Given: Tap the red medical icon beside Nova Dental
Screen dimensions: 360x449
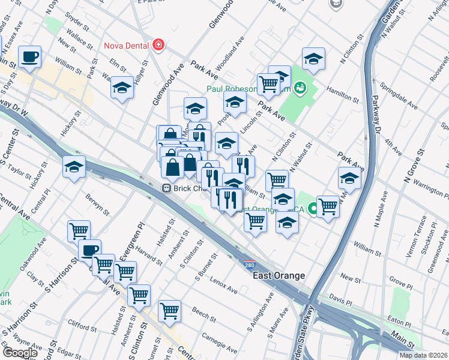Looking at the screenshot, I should [x=158, y=44].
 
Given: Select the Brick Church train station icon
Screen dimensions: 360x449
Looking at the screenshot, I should [x=167, y=188].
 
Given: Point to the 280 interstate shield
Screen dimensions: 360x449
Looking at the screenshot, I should [x=249, y=264].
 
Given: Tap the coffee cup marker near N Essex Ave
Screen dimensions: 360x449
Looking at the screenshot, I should [x=29, y=58].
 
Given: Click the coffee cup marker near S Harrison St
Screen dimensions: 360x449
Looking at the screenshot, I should [x=89, y=251].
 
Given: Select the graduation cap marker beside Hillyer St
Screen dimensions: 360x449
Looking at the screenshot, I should [x=122, y=88].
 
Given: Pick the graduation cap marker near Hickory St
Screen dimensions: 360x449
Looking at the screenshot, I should [x=74, y=167].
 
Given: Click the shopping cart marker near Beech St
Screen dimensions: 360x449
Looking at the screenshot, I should [x=170, y=311].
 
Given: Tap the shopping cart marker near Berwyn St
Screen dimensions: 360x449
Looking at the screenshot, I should [x=79, y=230].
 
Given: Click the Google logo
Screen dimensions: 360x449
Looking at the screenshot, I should [x=19, y=353].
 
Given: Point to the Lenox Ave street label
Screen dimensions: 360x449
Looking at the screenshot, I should [x=223, y=284].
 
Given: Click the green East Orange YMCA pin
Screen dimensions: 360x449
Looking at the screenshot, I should [x=312, y=209].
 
